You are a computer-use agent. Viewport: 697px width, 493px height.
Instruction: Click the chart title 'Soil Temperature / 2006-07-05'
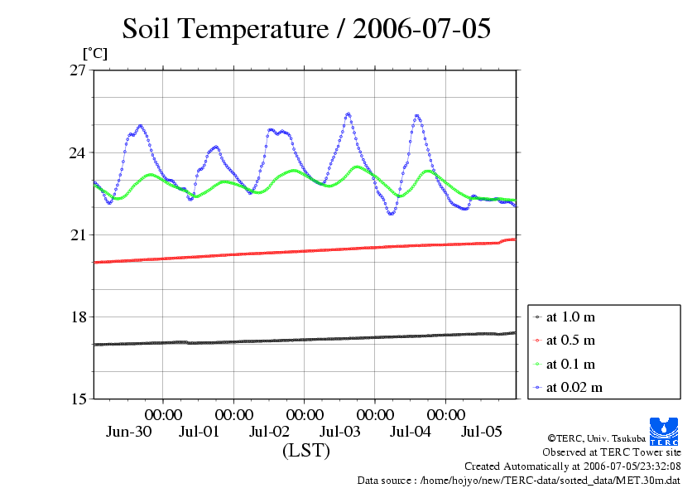click(x=306, y=28)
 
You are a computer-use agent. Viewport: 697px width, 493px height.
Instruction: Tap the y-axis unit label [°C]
click(x=95, y=54)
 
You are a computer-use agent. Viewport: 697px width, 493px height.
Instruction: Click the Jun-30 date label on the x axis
click(x=128, y=431)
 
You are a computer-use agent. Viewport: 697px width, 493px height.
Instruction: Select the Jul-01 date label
click(x=199, y=431)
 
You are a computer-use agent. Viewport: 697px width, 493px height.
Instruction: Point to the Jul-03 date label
click(x=340, y=431)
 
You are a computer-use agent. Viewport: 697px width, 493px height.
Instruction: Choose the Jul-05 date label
click(x=482, y=431)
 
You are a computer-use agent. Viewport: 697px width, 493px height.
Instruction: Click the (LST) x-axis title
click(x=306, y=450)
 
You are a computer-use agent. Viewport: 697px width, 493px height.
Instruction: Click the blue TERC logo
click(x=664, y=431)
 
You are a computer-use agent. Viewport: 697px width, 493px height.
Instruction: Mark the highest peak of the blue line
click(x=348, y=114)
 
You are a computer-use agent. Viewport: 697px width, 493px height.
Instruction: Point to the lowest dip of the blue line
click(x=391, y=214)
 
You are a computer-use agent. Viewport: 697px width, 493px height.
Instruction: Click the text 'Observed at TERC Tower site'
click(x=612, y=452)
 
